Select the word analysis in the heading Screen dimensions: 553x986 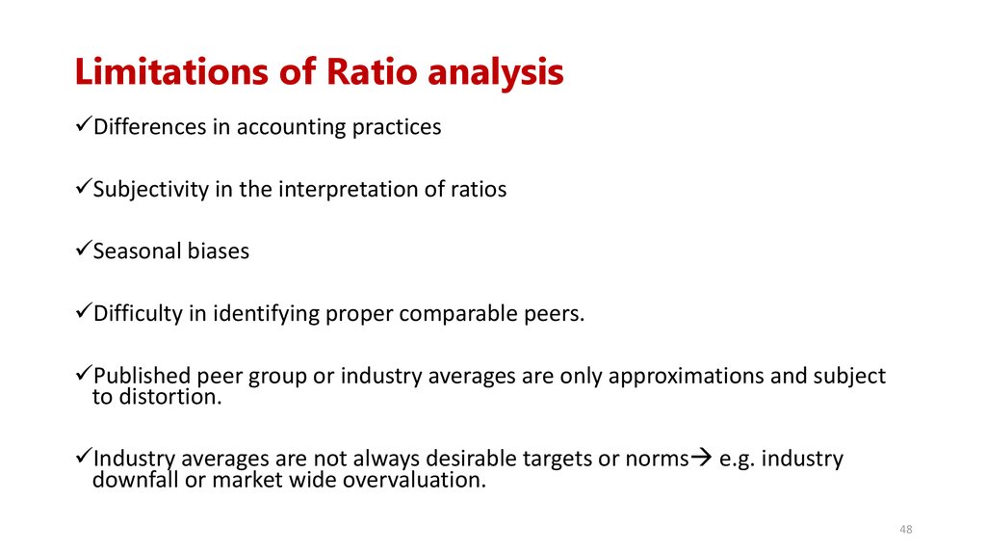click(x=496, y=74)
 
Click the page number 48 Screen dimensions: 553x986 click(x=905, y=530)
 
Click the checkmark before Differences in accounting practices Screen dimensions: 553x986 click(x=83, y=125)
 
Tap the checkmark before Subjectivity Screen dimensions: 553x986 click(x=83, y=188)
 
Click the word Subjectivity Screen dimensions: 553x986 click(x=150, y=189)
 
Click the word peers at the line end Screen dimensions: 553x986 click(x=555, y=314)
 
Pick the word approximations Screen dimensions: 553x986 click(x=687, y=376)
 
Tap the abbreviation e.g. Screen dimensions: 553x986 click(x=737, y=459)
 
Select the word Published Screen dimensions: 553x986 click(x=142, y=376)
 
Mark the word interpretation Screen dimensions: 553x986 click(x=348, y=189)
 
